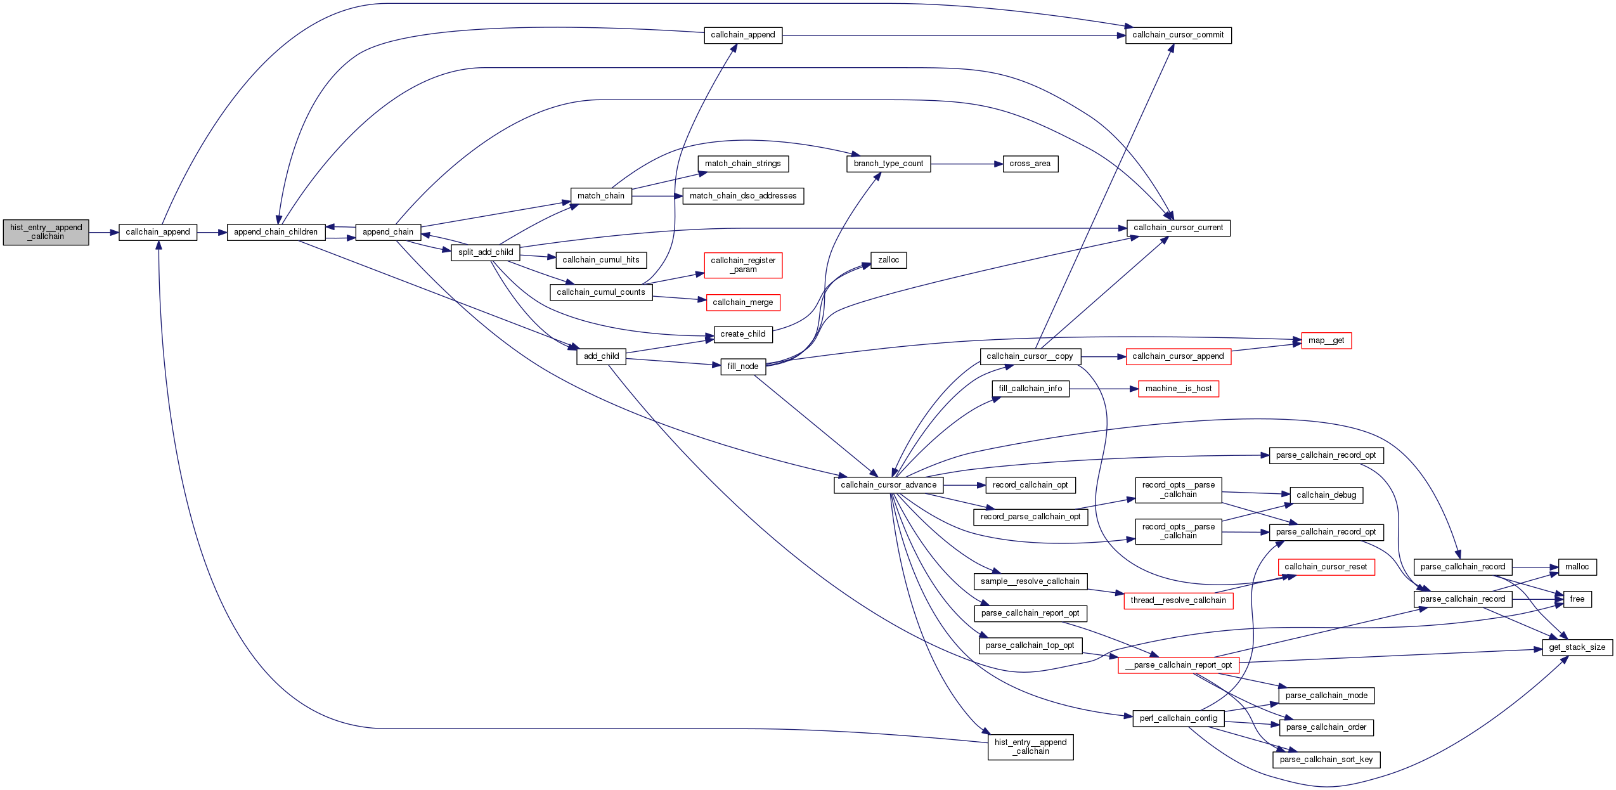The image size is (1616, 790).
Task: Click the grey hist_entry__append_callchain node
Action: pos(46,232)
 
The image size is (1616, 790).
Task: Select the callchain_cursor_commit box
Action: pos(1178,35)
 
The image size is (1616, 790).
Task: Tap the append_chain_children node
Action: pos(276,232)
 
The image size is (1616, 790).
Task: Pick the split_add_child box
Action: pos(486,252)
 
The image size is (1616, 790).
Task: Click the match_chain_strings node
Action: pos(743,164)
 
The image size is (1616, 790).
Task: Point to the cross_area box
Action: pos(1030,164)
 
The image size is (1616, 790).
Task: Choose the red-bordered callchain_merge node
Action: pos(743,302)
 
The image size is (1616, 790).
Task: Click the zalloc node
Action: pos(888,260)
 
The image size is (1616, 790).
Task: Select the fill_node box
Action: pos(743,366)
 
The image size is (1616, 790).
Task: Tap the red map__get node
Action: pos(1326,340)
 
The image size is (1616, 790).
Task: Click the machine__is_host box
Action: pos(1178,389)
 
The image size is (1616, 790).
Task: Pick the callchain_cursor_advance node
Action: pos(888,485)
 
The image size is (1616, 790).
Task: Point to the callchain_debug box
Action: pos(1326,495)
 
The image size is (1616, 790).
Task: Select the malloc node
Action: pos(1577,567)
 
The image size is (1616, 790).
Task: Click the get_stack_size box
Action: pos(1577,647)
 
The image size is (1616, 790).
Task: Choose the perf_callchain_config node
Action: pos(1178,718)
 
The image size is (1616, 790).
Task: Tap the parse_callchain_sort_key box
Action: pos(1326,760)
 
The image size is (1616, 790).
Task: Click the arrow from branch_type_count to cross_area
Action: pos(967,164)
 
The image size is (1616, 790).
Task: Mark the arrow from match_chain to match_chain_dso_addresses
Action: pos(657,196)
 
